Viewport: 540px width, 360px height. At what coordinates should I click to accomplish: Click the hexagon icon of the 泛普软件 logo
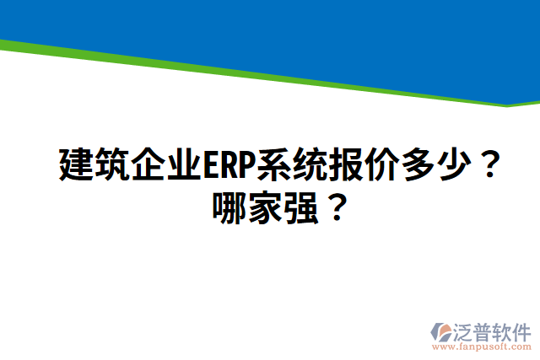[x=441, y=330]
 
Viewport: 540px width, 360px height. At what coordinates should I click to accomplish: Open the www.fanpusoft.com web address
[x=481, y=346]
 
